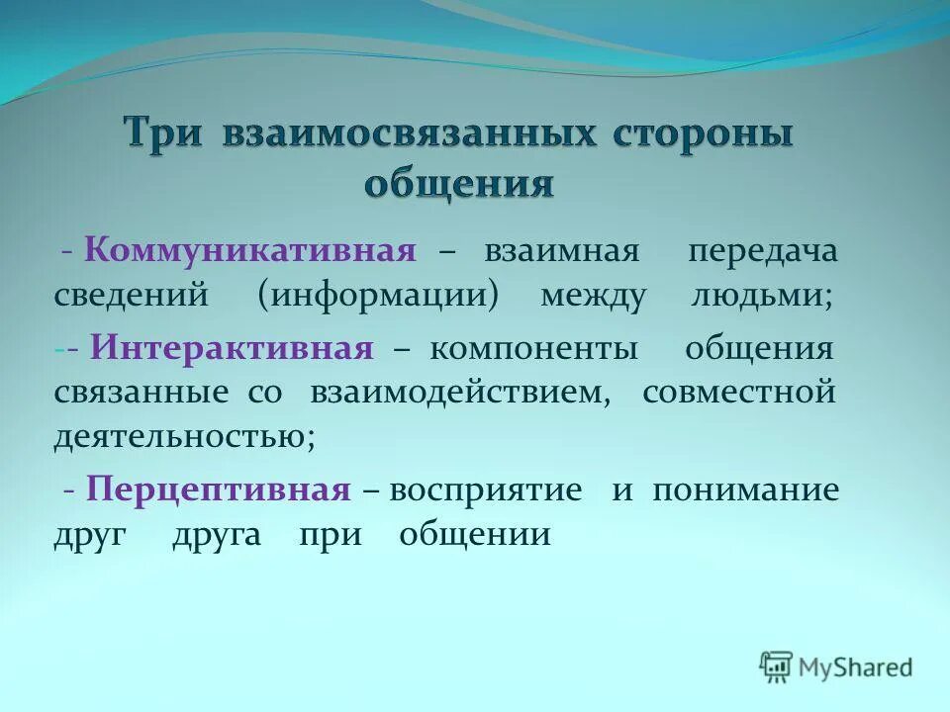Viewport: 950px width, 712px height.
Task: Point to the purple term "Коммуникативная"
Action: [x=249, y=250]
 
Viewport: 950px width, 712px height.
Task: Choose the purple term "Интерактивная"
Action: [x=233, y=348]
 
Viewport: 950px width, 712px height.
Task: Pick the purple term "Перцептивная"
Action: [x=219, y=489]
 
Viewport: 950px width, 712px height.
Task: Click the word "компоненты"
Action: [x=533, y=348]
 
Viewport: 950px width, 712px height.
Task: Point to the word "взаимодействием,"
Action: [x=461, y=393]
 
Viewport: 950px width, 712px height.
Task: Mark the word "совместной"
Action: [x=739, y=393]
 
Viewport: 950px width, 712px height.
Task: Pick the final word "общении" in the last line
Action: [x=475, y=535]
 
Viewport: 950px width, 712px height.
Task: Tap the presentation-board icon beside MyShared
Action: [x=777, y=667]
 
